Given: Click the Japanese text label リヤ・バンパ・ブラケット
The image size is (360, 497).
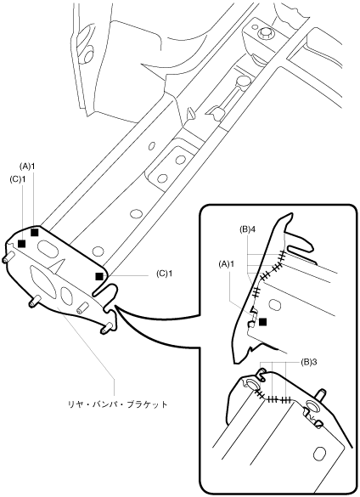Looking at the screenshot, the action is click(x=117, y=404).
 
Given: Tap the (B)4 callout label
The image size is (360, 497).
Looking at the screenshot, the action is click(x=248, y=229).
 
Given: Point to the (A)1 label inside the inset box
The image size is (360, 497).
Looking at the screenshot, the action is click(x=226, y=263).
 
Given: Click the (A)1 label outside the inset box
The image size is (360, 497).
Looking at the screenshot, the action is click(x=27, y=166).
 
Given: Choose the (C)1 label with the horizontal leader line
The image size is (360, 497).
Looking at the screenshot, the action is click(x=165, y=274).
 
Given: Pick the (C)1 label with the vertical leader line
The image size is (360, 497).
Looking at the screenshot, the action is click(x=18, y=178).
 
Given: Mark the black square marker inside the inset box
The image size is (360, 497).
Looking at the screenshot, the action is click(x=262, y=322).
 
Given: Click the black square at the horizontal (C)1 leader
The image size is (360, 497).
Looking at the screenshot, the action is click(x=99, y=276).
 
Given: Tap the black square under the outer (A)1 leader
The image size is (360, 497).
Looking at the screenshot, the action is click(x=35, y=232).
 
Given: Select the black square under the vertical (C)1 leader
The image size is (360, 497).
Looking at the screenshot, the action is click(x=21, y=244).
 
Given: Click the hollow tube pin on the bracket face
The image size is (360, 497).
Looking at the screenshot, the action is click(x=82, y=308).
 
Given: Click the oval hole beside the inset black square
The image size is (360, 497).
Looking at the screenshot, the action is click(x=273, y=304).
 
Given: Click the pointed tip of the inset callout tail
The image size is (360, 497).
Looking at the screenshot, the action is click(x=115, y=306).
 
